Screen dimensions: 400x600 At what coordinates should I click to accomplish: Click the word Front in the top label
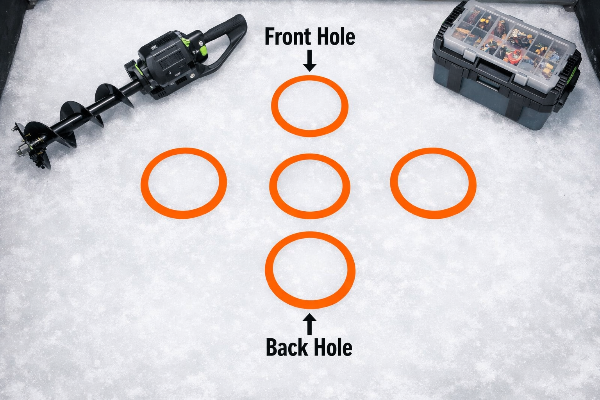click(x=287, y=37)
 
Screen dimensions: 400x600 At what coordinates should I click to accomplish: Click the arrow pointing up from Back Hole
click(x=310, y=324)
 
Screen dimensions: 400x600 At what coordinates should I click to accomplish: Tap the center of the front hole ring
click(x=309, y=106)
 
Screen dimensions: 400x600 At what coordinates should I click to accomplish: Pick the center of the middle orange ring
click(x=310, y=186)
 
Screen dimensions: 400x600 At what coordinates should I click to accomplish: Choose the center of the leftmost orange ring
click(x=184, y=183)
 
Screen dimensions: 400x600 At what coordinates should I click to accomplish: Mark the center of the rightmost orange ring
click(x=433, y=183)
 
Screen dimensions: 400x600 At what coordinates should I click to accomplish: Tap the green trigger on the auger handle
click(x=203, y=49)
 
